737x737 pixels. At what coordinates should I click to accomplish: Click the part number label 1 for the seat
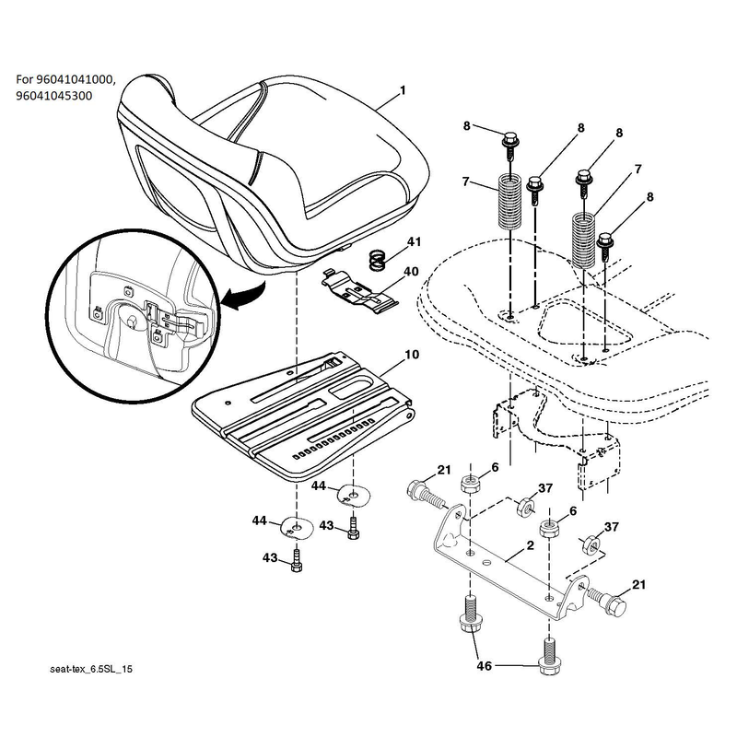[x=403, y=89]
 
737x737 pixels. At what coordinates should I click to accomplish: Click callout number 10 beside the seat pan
[x=412, y=354]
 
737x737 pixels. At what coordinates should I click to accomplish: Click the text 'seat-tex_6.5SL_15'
[x=91, y=669]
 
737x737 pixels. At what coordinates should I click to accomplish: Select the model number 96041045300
[x=54, y=96]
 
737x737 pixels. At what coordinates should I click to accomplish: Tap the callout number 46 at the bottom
[x=485, y=665]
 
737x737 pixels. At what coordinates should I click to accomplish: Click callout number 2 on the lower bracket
[x=531, y=545]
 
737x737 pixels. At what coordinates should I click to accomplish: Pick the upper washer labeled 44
[x=355, y=497]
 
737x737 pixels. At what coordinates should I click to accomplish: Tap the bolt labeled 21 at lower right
[x=607, y=601]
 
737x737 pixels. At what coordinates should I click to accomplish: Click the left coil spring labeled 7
[x=510, y=201]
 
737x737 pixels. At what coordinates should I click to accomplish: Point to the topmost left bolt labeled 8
[x=510, y=145]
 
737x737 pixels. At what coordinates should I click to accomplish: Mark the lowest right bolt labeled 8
[x=605, y=248]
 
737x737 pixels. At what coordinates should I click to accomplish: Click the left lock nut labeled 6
[x=469, y=484]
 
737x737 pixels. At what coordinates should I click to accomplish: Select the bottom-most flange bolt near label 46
[x=549, y=656]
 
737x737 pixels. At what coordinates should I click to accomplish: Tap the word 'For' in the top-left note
[x=25, y=79]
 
